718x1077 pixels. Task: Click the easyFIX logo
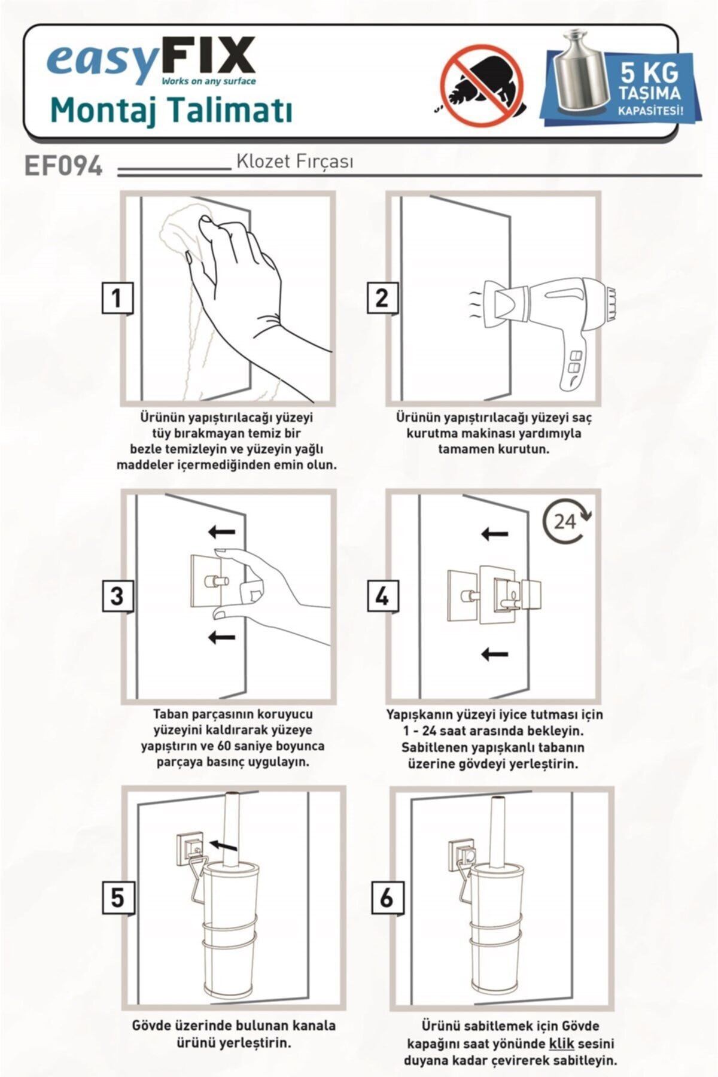(x=151, y=62)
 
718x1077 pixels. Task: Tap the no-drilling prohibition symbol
(x=482, y=86)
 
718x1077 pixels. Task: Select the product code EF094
(x=63, y=166)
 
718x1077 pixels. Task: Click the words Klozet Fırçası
(x=294, y=162)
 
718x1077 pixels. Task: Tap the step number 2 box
(x=382, y=297)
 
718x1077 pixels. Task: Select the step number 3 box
(x=117, y=596)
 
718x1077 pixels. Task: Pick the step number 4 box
(x=382, y=596)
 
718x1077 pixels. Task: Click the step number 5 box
(x=117, y=897)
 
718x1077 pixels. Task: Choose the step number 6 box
(x=387, y=897)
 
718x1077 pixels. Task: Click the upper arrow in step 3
(x=221, y=531)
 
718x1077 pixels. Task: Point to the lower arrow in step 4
(x=495, y=654)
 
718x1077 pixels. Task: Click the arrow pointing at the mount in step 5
(x=224, y=844)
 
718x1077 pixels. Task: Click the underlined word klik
(x=561, y=1043)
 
